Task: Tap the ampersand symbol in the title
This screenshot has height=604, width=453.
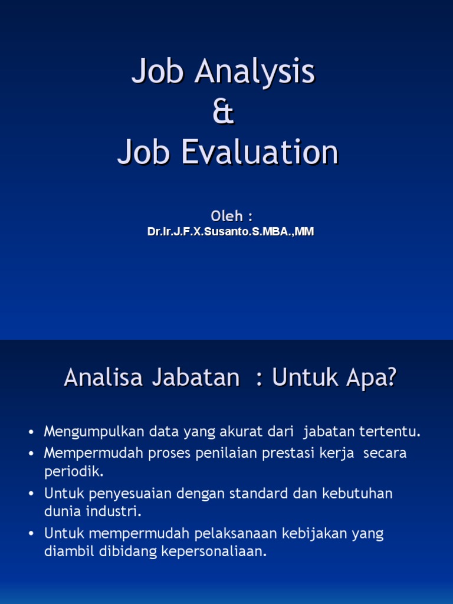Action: pyautogui.click(x=224, y=113)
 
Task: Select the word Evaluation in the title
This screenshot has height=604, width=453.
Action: pyautogui.click(x=260, y=152)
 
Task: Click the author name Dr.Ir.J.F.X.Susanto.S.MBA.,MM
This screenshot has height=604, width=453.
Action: pyautogui.click(x=231, y=232)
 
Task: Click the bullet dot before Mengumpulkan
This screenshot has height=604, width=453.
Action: pyautogui.click(x=32, y=432)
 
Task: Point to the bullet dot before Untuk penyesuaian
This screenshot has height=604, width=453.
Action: pyautogui.click(x=32, y=494)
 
